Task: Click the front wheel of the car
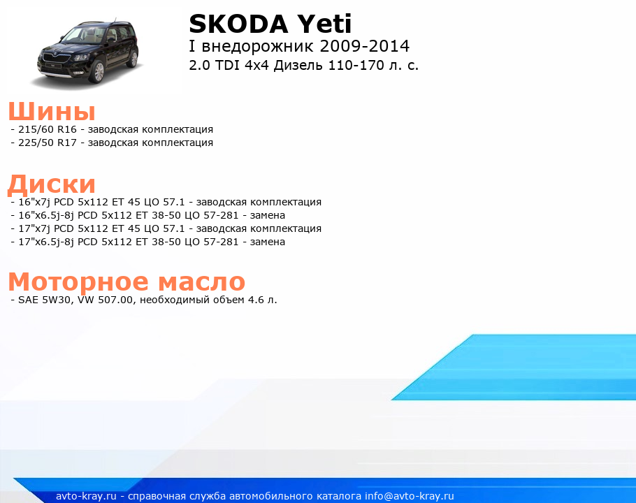[98, 72]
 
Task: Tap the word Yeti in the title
[324, 24]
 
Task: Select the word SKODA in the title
[239, 24]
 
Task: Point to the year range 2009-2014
[365, 46]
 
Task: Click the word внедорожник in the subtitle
[258, 47]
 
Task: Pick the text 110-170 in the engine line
[356, 65]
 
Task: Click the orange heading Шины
[52, 111]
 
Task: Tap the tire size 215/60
[36, 129]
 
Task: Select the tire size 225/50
[36, 143]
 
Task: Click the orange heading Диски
[52, 184]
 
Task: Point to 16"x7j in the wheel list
[34, 202]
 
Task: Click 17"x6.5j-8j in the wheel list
[46, 242]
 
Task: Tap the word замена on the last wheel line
[267, 242]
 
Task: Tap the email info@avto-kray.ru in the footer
[410, 496]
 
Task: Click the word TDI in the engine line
[227, 65]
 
